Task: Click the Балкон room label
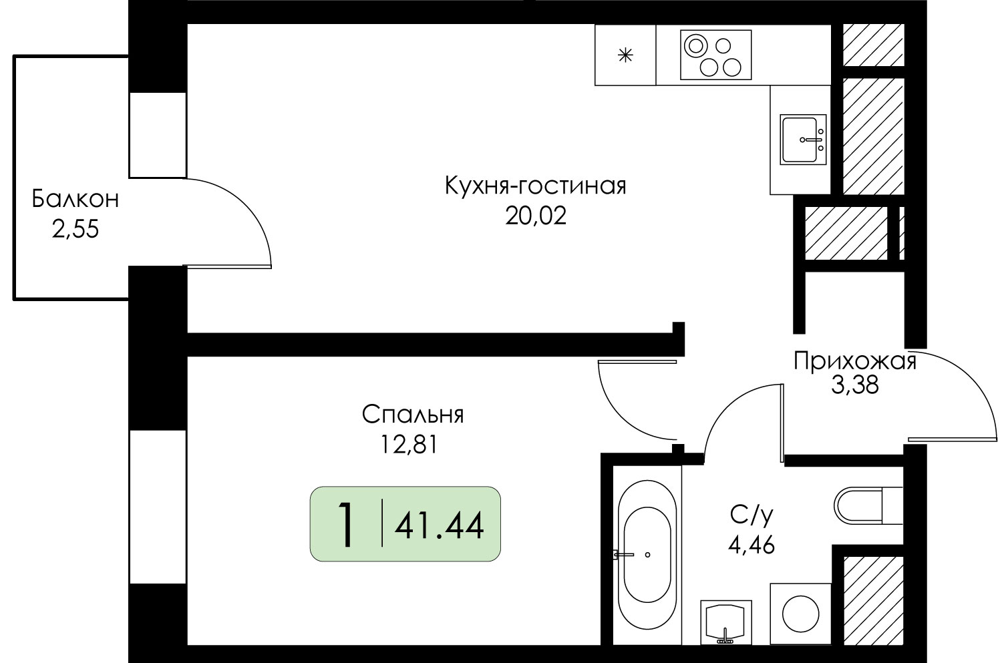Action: click(x=75, y=199)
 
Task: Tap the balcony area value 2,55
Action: click(x=75, y=230)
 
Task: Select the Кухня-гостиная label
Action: click(x=536, y=186)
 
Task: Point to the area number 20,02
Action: click(x=536, y=216)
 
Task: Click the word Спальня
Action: click(x=413, y=415)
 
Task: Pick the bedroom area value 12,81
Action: click(x=408, y=445)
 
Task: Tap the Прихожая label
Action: click(x=855, y=361)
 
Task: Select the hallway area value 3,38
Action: click(x=855, y=385)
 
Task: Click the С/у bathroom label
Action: click(x=751, y=516)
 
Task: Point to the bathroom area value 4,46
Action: click(x=751, y=545)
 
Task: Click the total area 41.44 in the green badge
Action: click(x=439, y=526)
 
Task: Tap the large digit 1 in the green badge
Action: click(x=346, y=524)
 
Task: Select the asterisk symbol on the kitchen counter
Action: click(x=625, y=55)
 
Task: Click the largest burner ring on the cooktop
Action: click(x=695, y=45)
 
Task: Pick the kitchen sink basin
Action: click(x=799, y=140)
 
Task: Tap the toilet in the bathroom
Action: click(x=868, y=506)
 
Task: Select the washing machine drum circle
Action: click(x=801, y=614)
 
